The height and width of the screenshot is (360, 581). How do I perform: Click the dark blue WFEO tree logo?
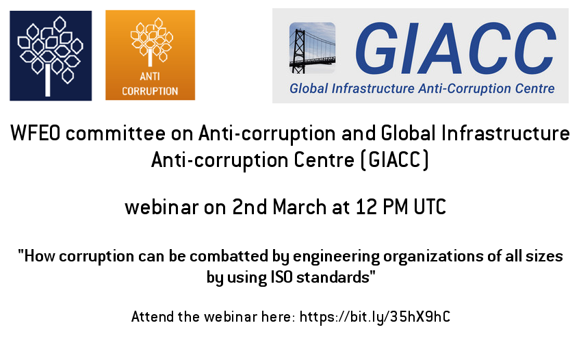[x=51, y=55]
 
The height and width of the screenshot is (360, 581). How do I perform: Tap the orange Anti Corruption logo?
[x=150, y=55]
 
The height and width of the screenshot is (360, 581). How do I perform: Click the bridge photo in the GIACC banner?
[x=312, y=48]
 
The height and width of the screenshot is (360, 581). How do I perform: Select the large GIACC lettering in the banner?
[x=456, y=48]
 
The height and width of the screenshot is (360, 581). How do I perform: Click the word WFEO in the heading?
[x=35, y=133]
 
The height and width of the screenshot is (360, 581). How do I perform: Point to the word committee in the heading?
[x=115, y=133]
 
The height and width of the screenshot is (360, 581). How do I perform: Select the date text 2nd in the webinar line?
[x=249, y=207]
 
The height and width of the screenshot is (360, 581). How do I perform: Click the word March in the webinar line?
[x=300, y=207]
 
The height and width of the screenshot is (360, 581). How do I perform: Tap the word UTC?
[x=430, y=207]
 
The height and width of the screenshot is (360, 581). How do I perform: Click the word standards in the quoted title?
[x=333, y=277]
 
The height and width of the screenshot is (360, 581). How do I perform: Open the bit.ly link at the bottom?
[x=375, y=317]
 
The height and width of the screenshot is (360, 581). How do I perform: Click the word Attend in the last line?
[x=153, y=317]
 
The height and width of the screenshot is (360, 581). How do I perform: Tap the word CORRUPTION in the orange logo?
[x=150, y=91]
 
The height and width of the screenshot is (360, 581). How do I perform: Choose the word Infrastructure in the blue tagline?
[x=373, y=88]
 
